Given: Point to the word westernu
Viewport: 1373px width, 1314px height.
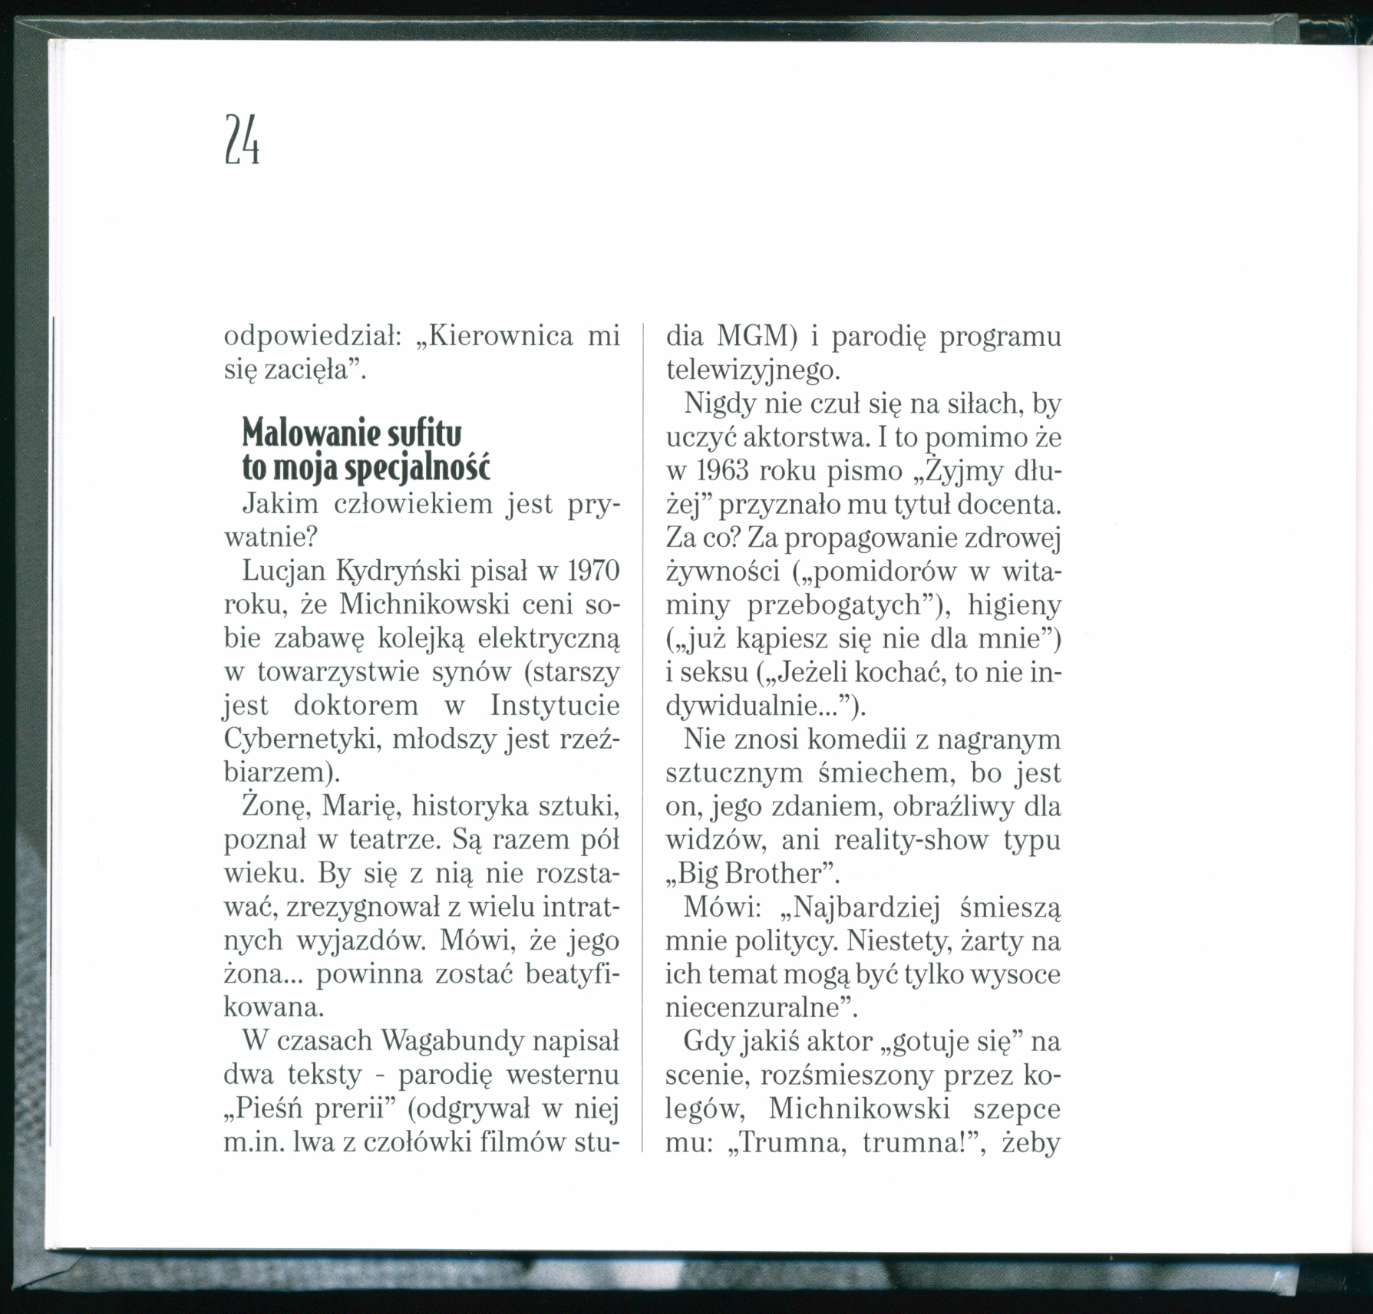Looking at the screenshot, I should click(x=563, y=1075).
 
